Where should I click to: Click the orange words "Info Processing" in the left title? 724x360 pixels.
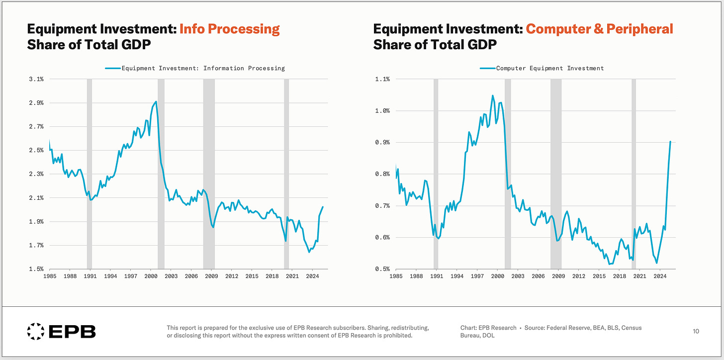[229, 29]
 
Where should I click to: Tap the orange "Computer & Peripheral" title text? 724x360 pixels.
[599, 29]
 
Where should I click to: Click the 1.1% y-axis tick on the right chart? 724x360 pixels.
[383, 79]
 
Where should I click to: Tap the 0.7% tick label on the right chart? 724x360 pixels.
[383, 206]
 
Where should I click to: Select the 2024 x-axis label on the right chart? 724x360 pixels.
[659, 275]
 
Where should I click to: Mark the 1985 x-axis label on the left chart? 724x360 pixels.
[50, 275]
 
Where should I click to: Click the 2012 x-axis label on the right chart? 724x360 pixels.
[578, 275]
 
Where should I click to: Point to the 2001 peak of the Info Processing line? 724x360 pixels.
[156, 102]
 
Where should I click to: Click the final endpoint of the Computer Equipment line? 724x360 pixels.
[670, 142]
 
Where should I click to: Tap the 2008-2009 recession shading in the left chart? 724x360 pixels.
[209, 174]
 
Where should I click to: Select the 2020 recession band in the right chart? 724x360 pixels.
[633, 174]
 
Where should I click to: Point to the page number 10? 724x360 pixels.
[696, 331]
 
